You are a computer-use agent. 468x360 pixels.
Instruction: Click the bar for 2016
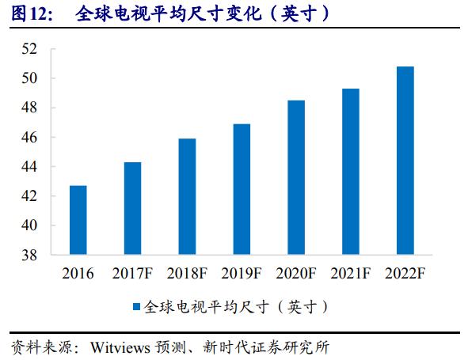78,221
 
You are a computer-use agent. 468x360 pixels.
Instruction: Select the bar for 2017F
133,209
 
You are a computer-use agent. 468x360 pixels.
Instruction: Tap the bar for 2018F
187,197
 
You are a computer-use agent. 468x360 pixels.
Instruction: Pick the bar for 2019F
242,190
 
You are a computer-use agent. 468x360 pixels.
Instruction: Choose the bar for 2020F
296,178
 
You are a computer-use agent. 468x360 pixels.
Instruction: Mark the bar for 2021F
350,172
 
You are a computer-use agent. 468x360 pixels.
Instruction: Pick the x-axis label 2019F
242,274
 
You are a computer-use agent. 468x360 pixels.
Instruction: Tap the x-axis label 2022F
405,274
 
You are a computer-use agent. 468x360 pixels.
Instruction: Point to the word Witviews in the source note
118,347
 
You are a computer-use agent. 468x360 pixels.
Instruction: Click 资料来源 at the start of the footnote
36,347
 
